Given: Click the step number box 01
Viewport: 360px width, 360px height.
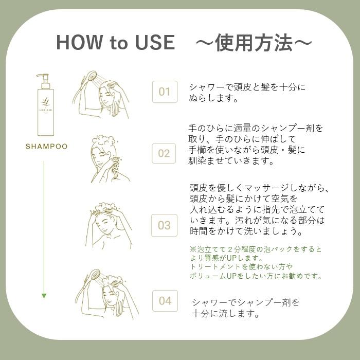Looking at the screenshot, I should click(x=165, y=92).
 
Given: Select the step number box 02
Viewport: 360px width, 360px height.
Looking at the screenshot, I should click(x=165, y=153).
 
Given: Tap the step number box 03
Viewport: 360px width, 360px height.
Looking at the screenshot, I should click(x=164, y=225).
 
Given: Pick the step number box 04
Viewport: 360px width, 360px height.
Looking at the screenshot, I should click(x=165, y=301).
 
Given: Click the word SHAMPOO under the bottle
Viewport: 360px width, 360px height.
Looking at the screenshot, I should click(x=47, y=147).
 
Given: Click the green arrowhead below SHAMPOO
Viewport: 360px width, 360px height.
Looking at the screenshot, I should click(x=44, y=296).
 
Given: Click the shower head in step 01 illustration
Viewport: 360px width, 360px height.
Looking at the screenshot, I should click(x=92, y=77).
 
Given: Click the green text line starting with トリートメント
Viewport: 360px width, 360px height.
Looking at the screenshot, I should click(x=241, y=267).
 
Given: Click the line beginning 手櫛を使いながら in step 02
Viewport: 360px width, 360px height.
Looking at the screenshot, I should click(x=247, y=150).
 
